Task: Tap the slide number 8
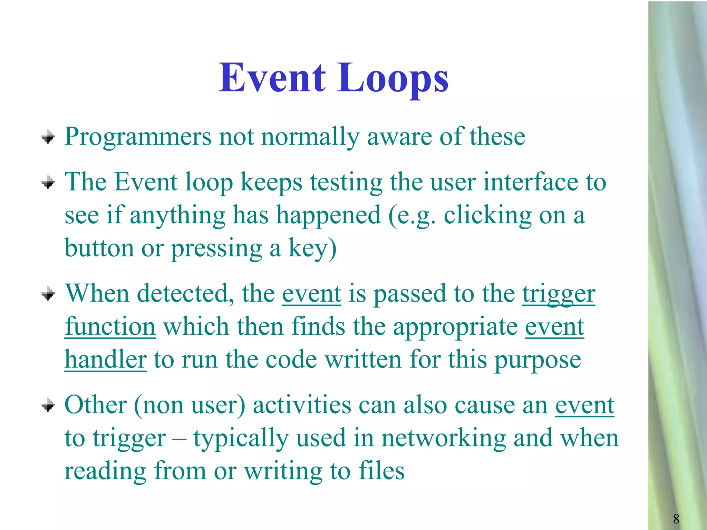(x=676, y=519)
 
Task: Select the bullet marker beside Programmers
(x=48, y=137)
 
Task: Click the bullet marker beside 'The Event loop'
(x=48, y=183)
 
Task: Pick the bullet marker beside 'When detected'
(x=48, y=294)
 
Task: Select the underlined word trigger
(x=558, y=294)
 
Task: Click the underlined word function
(x=110, y=326)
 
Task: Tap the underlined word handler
(x=105, y=360)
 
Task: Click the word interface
(x=530, y=182)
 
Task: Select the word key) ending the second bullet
(x=312, y=248)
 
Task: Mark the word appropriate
(x=455, y=327)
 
